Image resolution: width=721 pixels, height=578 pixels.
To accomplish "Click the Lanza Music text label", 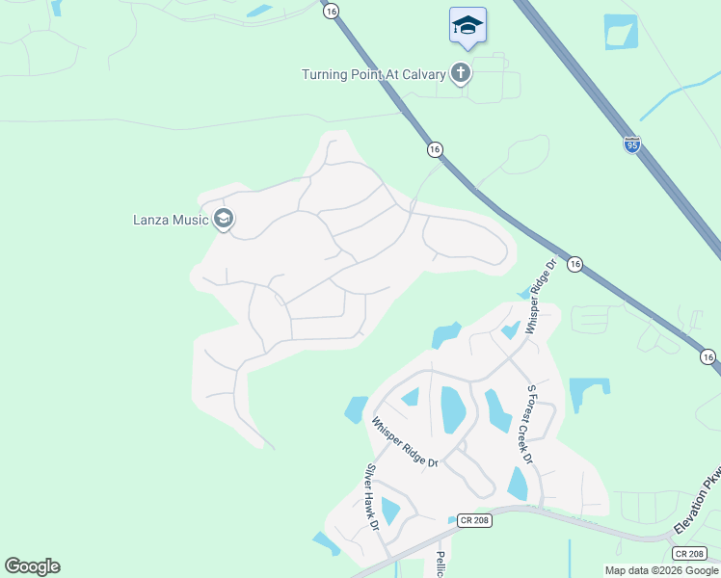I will [171, 220].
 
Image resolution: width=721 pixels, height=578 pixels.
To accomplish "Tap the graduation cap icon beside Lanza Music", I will [225, 220].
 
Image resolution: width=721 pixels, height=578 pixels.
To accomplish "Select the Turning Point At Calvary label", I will [374, 74].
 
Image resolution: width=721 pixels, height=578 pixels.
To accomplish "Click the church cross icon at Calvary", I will [462, 72].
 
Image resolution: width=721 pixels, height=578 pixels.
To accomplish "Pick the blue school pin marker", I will [467, 26].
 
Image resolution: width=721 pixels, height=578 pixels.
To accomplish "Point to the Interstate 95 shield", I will [632, 144].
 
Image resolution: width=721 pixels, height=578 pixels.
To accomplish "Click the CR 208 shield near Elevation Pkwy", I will [688, 554].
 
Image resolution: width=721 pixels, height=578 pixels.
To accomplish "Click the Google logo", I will [32, 566].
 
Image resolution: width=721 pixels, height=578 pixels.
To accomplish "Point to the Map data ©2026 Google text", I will [661, 570].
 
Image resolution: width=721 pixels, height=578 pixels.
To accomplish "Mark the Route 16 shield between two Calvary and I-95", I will [435, 149].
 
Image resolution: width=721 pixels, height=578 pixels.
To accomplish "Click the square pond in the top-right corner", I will [620, 32].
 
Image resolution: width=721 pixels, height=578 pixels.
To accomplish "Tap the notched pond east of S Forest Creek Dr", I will [588, 393].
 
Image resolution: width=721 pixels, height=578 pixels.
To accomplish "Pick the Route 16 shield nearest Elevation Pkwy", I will [708, 357].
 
